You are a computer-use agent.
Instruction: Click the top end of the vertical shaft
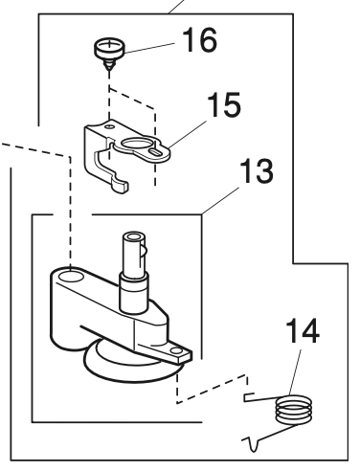coord(131,236)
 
